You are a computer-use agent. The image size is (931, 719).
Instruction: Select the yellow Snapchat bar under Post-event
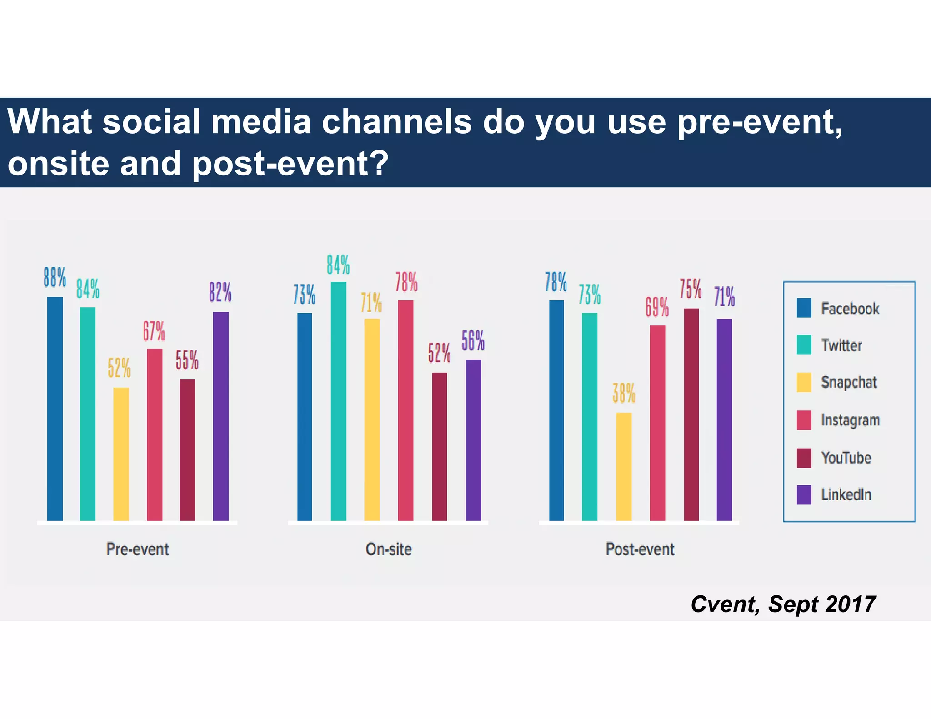(x=623, y=466)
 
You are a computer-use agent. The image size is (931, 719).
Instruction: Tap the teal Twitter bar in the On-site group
(x=338, y=401)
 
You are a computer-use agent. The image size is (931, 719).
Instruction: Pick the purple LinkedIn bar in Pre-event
(x=220, y=416)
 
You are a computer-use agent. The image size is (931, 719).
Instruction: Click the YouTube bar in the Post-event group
(x=691, y=414)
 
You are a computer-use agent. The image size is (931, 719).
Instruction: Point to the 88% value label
(x=55, y=277)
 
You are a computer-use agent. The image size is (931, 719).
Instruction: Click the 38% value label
(x=623, y=393)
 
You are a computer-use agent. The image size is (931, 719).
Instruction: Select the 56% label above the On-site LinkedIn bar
(x=473, y=340)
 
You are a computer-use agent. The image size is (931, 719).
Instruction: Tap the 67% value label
(x=154, y=331)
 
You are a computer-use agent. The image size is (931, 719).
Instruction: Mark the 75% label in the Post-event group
(x=691, y=289)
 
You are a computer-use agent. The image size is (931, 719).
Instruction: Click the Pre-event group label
(x=137, y=549)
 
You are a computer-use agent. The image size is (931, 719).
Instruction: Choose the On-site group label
(x=388, y=549)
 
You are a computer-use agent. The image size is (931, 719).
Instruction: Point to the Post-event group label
(x=640, y=549)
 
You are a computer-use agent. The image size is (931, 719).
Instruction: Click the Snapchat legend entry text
(x=848, y=382)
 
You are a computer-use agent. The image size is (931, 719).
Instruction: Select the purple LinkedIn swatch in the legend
(x=804, y=494)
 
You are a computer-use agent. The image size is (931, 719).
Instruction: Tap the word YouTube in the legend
(x=846, y=457)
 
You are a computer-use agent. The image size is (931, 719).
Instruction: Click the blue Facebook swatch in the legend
(x=804, y=308)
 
